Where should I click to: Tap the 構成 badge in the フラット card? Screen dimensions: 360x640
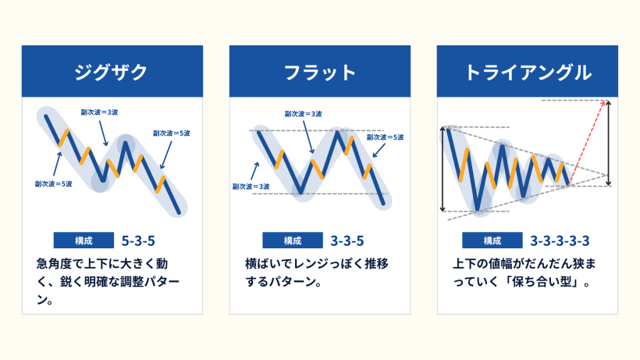(x=292, y=240)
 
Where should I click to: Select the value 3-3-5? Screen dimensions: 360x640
(x=348, y=240)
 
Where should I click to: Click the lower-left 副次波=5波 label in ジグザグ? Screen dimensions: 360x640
(x=54, y=184)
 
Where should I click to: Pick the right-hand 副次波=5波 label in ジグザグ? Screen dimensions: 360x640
(x=172, y=133)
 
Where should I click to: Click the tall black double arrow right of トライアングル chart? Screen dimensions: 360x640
(x=609, y=141)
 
